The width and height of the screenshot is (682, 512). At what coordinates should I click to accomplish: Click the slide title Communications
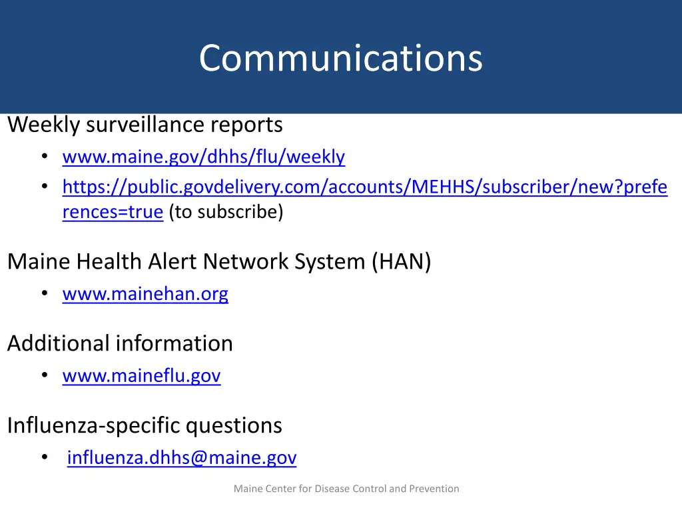(340, 58)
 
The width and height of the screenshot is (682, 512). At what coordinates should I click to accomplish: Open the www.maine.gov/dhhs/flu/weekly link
(203, 157)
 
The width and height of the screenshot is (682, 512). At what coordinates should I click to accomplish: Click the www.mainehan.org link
(145, 294)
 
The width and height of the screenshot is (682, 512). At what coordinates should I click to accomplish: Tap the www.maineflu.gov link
(141, 377)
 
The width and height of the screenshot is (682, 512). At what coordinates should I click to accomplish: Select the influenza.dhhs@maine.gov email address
(182, 458)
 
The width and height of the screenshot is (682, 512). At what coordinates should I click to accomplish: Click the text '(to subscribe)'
(226, 212)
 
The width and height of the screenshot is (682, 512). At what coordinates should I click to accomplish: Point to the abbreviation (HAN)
(402, 261)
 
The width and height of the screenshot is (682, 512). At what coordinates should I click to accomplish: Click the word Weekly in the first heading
(44, 125)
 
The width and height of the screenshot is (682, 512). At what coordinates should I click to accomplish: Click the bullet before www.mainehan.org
(44, 294)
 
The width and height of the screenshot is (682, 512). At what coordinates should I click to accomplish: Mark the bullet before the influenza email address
(44, 458)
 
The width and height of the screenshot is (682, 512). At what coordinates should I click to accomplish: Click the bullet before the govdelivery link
(44, 188)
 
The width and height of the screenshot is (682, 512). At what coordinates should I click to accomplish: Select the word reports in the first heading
(246, 125)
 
